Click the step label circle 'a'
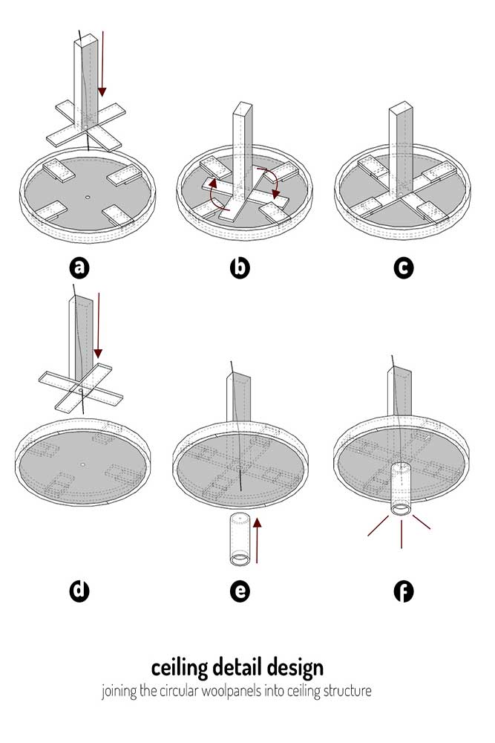click(x=79, y=267)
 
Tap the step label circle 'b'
click(x=240, y=267)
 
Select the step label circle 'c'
click(x=403, y=267)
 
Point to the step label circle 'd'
click(x=79, y=591)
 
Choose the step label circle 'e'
click(x=240, y=591)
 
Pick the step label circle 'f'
click(x=403, y=591)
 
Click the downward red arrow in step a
click(x=102, y=63)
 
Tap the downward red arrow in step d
click(x=98, y=325)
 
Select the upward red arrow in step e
click(x=257, y=540)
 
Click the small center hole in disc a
click(x=87, y=196)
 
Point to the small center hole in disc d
click(x=83, y=464)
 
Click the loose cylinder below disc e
click(x=240, y=539)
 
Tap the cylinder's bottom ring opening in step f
click(x=401, y=510)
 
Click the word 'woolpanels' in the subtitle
click(x=231, y=690)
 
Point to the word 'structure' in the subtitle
click(x=347, y=690)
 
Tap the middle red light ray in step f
click(x=401, y=534)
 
